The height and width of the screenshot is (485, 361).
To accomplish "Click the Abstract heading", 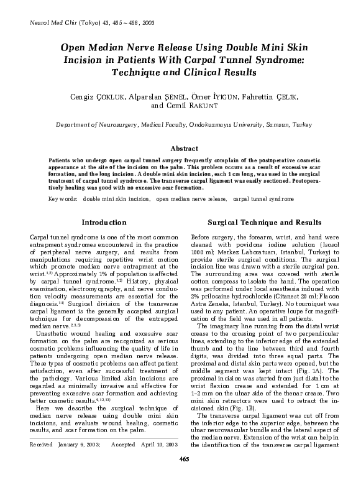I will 184,149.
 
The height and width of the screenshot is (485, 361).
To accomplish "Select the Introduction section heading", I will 104,222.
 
